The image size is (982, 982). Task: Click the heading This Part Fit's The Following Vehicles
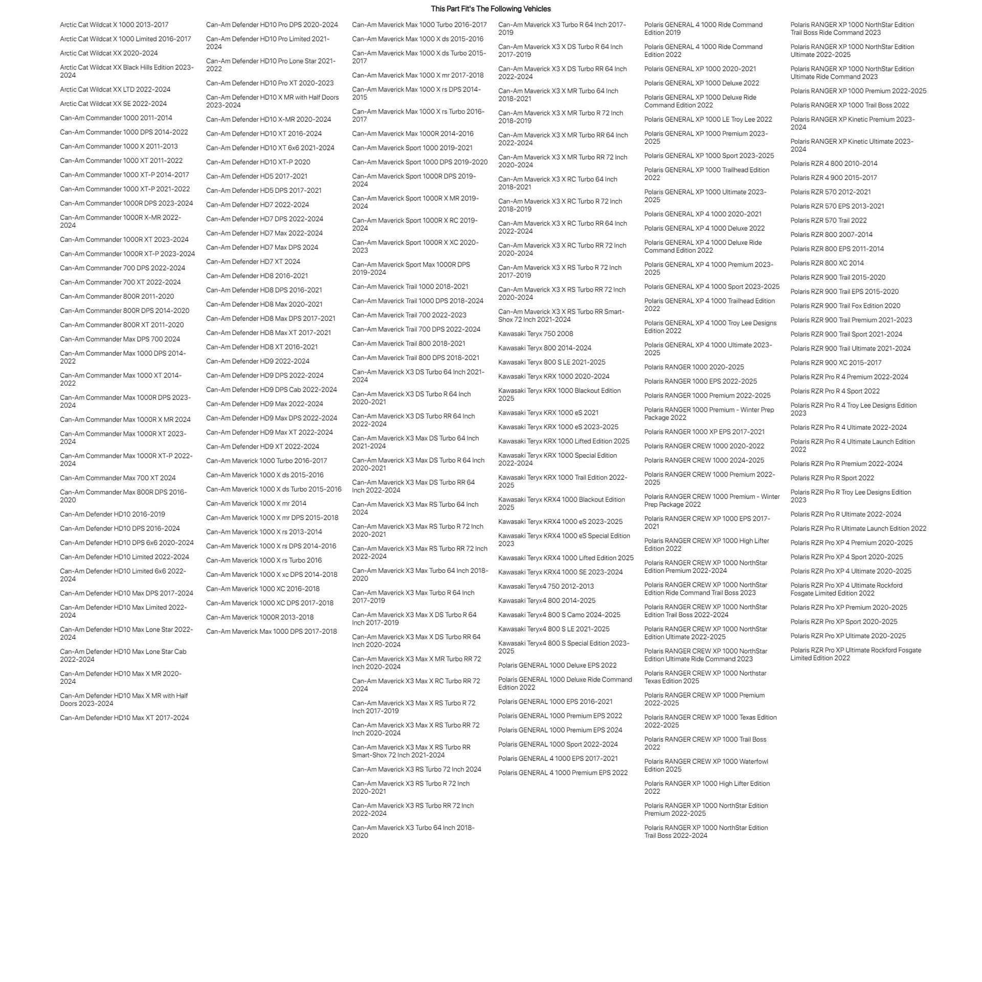[x=490, y=9]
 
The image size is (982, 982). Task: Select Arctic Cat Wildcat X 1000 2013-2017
[x=114, y=25]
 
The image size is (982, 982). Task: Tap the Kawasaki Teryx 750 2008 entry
[x=535, y=333]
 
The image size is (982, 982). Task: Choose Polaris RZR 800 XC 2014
[x=827, y=263]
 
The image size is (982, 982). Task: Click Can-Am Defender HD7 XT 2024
[x=253, y=261]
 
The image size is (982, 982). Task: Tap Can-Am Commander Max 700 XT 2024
[x=118, y=478]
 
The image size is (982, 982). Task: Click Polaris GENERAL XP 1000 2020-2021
[x=700, y=69]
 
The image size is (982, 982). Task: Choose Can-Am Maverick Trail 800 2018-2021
[x=408, y=343]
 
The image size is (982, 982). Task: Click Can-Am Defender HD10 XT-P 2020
[x=258, y=162]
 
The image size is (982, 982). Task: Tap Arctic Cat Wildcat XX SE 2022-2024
[x=113, y=103]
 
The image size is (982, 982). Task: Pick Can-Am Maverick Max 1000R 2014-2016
[x=412, y=133]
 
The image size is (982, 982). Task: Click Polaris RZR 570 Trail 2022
[x=828, y=220]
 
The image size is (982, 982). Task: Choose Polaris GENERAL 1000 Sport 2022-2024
[x=557, y=744]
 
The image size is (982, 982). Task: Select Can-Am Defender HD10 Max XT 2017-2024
[x=124, y=718]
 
